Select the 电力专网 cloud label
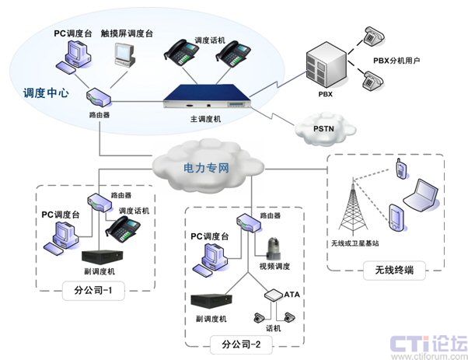pyautogui.click(x=206, y=166)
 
